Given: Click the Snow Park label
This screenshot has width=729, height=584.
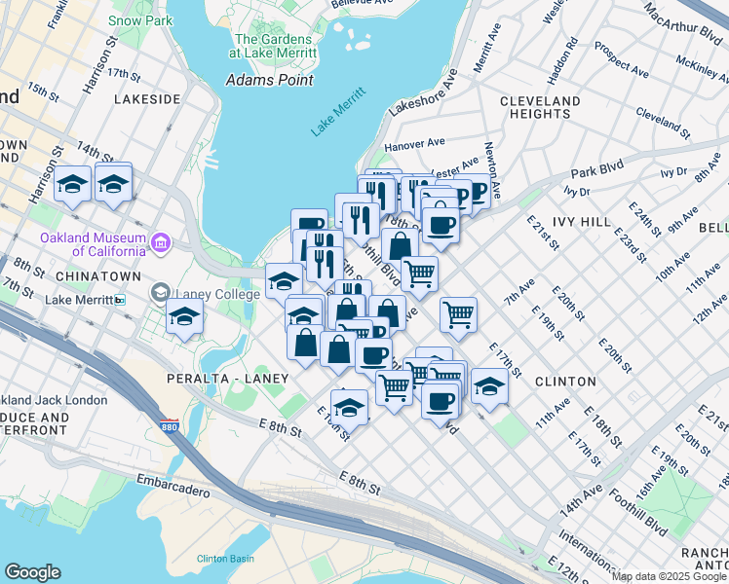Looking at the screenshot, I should pyautogui.click(x=139, y=19).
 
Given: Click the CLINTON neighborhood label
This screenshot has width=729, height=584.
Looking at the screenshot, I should pyautogui.click(x=565, y=381).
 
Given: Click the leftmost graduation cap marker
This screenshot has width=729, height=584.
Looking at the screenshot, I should pyautogui.click(x=73, y=184).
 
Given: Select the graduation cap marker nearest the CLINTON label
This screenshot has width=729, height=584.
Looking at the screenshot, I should pyautogui.click(x=489, y=385).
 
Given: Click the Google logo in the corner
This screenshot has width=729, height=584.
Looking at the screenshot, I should pyautogui.click(x=32, y=572).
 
